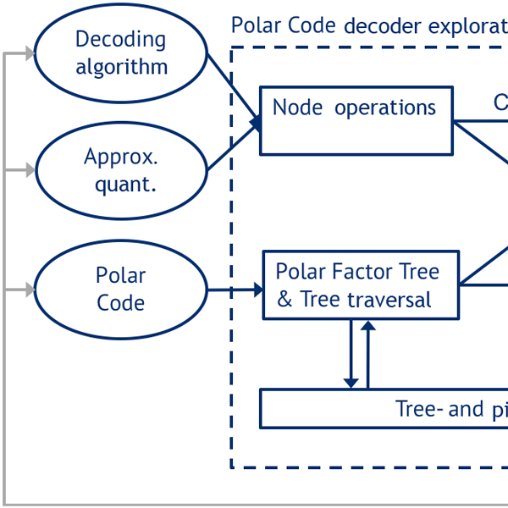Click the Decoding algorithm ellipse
121,52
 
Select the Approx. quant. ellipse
121,170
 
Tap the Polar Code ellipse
121,290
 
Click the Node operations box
356,121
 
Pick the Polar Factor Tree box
361,285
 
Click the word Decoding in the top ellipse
121,39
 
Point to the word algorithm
121,67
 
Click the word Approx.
121,157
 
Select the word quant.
125,185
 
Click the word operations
385,108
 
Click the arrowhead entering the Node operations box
255,122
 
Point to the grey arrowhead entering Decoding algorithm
30,53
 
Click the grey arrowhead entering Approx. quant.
30,170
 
